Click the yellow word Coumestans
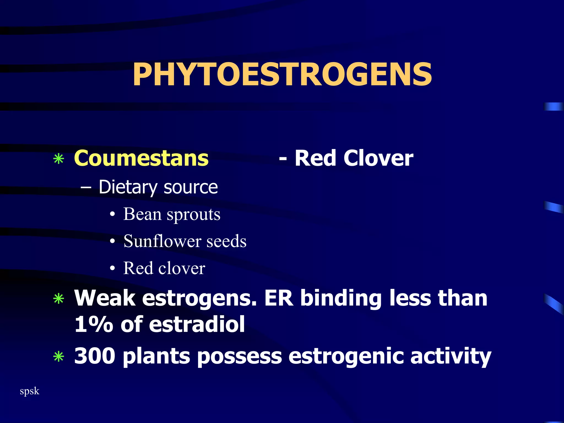141,158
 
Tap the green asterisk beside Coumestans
59,159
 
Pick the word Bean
142,214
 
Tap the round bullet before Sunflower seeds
112,242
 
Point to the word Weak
105,298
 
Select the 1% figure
94,324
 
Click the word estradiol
197,324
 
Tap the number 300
95,356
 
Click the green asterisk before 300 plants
59,357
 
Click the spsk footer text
29,391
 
